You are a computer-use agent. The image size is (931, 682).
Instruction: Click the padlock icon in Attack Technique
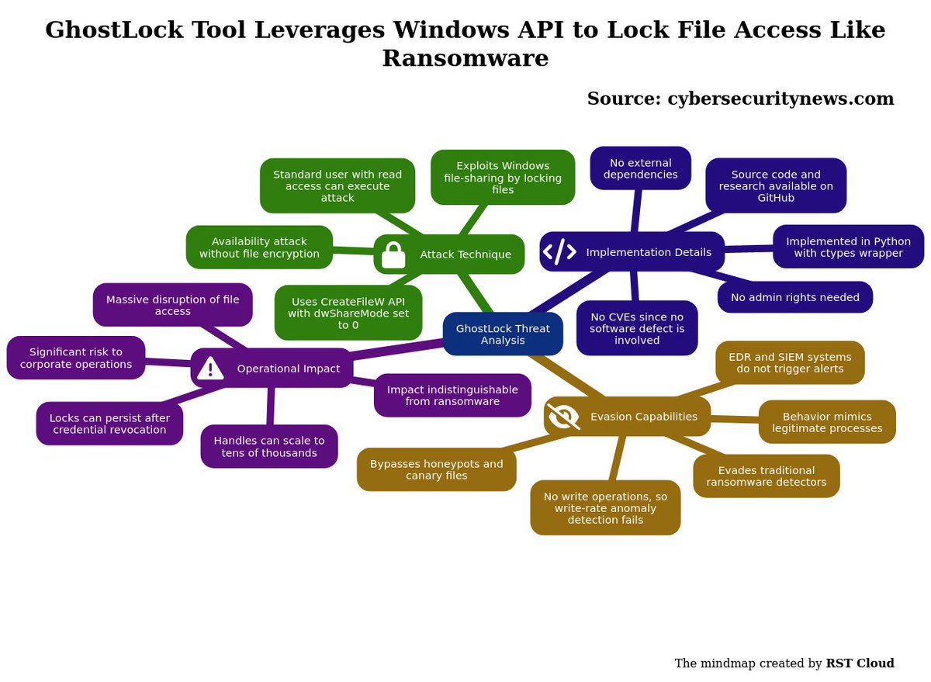click(x=393, y=254)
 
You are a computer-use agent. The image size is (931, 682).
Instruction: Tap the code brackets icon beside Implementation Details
click(x=559, y=251)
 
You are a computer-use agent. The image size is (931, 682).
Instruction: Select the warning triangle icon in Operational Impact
click(x=210, y=369)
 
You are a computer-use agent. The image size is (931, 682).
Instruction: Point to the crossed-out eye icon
click(x=563, y=416)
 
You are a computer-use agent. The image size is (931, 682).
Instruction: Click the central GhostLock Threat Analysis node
click(x=503, y=334)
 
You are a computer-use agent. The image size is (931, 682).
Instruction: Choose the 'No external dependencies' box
click(x=641, y=168)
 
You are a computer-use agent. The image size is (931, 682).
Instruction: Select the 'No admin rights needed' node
click(x=795, y=297)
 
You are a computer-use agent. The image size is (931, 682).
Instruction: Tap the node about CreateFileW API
click(x=348, y=313)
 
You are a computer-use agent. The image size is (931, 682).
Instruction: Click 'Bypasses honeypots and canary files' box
click(x=436, y=469)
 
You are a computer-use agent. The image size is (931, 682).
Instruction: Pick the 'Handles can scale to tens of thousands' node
click(x=269, y=446)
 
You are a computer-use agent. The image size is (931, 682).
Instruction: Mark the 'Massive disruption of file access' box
click(x=173, y=305)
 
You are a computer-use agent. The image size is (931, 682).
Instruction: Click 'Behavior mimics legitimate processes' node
click(x=827, y=422)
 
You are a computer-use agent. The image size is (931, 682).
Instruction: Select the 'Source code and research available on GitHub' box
click(x=776, y=185)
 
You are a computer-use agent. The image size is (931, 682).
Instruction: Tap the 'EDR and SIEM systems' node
click(x=790, y=363)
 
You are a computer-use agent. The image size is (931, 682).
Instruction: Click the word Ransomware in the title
click(x=465, y=57)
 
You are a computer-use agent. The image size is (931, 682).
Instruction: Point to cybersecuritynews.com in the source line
click(x=780, y=99)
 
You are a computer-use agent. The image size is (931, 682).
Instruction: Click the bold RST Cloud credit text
click(x=860, y=663)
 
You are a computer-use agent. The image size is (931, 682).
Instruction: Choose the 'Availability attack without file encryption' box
click(x=259, y=248)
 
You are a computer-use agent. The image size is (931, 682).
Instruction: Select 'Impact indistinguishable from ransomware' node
click(x=452, y=395)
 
